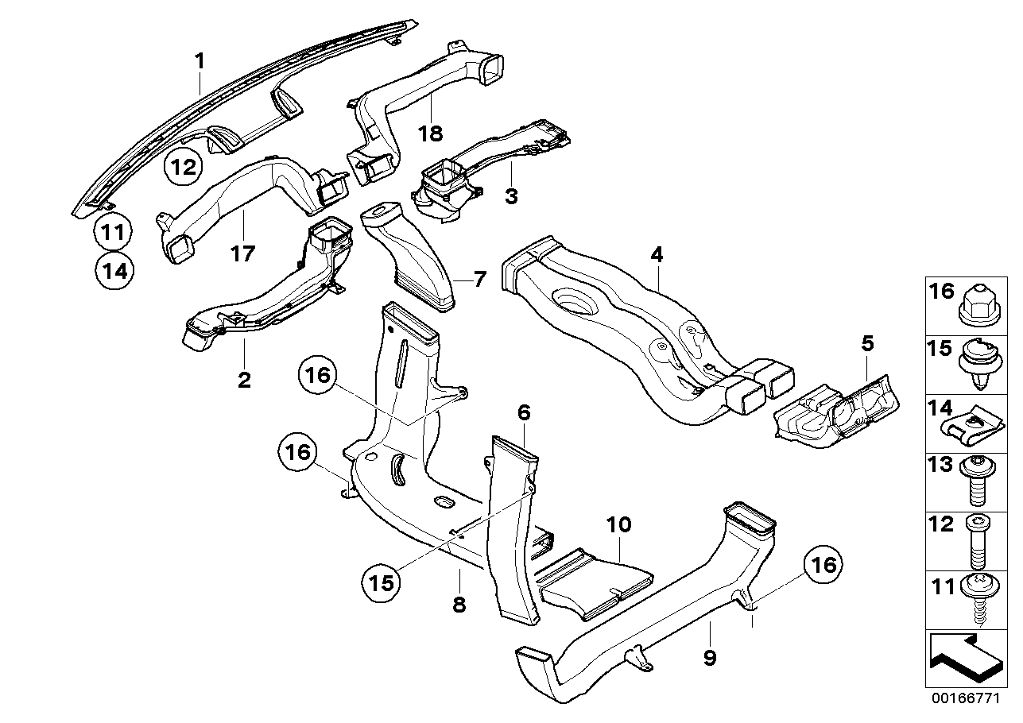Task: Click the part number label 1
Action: (x=200, y=60)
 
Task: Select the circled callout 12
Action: (x=184, y=168)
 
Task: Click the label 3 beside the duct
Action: (x=511, y=195)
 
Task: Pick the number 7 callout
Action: (x=479, y=279)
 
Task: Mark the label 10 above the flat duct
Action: (x=620, y=524)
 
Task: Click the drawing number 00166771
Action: (x=968, y=700)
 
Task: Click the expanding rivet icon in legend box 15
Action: (x=978, y=364)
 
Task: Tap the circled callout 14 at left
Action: (x=114, y=270)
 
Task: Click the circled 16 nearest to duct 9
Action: (x=823, y=566)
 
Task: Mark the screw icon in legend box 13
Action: (x=978, y=481)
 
